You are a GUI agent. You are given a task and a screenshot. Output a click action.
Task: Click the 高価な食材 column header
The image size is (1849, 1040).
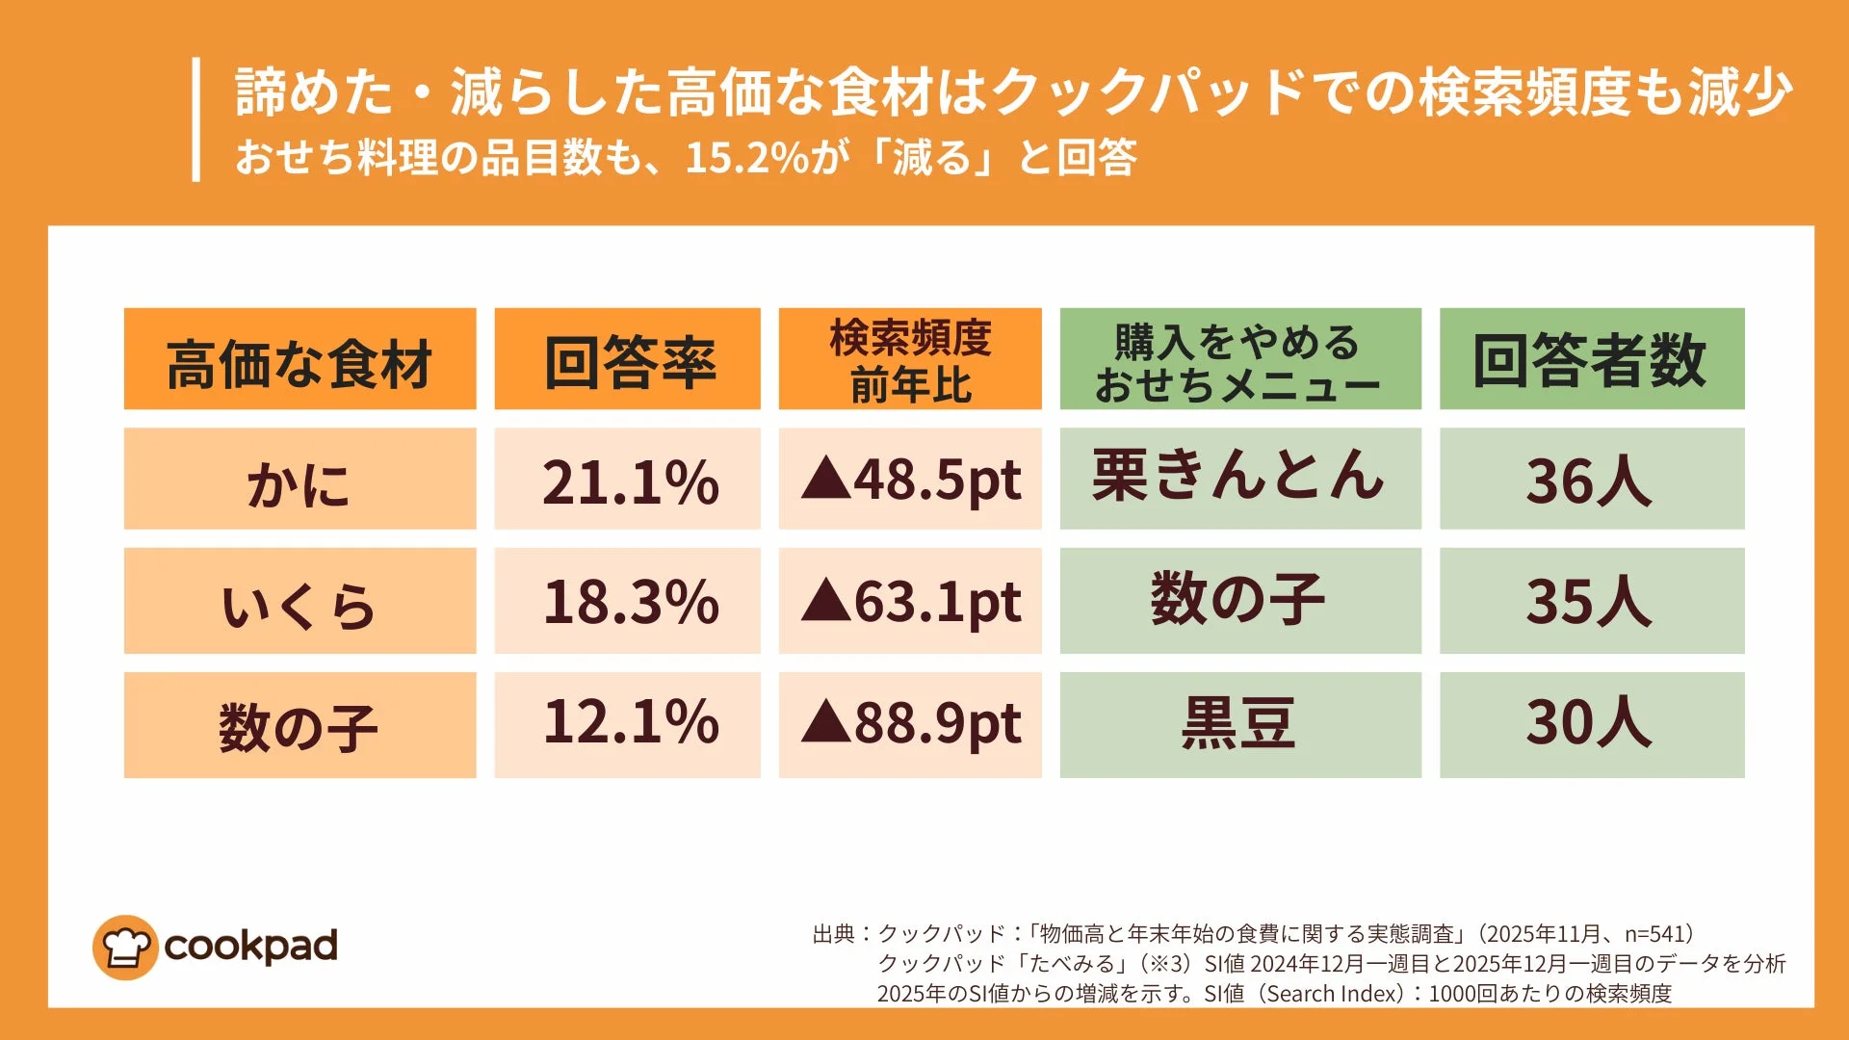[x=299, y=359]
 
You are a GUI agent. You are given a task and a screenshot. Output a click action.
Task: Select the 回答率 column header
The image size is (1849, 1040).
[x=627, y=359]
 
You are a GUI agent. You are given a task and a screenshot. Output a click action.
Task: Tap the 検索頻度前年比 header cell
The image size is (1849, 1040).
[x=910, y=359]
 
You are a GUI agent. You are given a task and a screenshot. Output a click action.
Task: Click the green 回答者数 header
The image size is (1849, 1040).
[x=1591, y=359]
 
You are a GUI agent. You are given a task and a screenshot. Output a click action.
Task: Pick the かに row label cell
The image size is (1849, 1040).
[x=299, y=480]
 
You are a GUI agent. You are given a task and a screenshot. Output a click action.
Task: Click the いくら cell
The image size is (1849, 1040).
[x=299, y=602]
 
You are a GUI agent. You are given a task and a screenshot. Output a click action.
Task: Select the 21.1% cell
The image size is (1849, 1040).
[x=627, y=480]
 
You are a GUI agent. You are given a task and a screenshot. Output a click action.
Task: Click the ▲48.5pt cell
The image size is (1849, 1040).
[x=910, y=480]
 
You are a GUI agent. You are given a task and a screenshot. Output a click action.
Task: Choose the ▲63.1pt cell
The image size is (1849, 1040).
[x=910, y=602]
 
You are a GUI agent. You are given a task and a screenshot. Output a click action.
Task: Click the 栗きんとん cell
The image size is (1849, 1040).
[x=1239, y=478]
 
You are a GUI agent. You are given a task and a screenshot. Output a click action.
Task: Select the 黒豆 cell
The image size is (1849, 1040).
[x=1239, y=724]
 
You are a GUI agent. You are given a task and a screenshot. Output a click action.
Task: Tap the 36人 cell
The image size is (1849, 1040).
[x=1591, y=480]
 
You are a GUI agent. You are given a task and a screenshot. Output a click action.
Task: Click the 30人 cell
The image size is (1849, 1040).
[x=1591, y=724]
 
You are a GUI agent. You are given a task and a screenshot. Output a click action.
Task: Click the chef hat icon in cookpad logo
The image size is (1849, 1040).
[x=125, y=948]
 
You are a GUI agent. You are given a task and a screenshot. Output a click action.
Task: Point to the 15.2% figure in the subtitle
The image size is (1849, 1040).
[x=746, y=158]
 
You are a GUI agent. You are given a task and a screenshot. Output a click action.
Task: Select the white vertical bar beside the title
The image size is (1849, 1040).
[x=196, y=119]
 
